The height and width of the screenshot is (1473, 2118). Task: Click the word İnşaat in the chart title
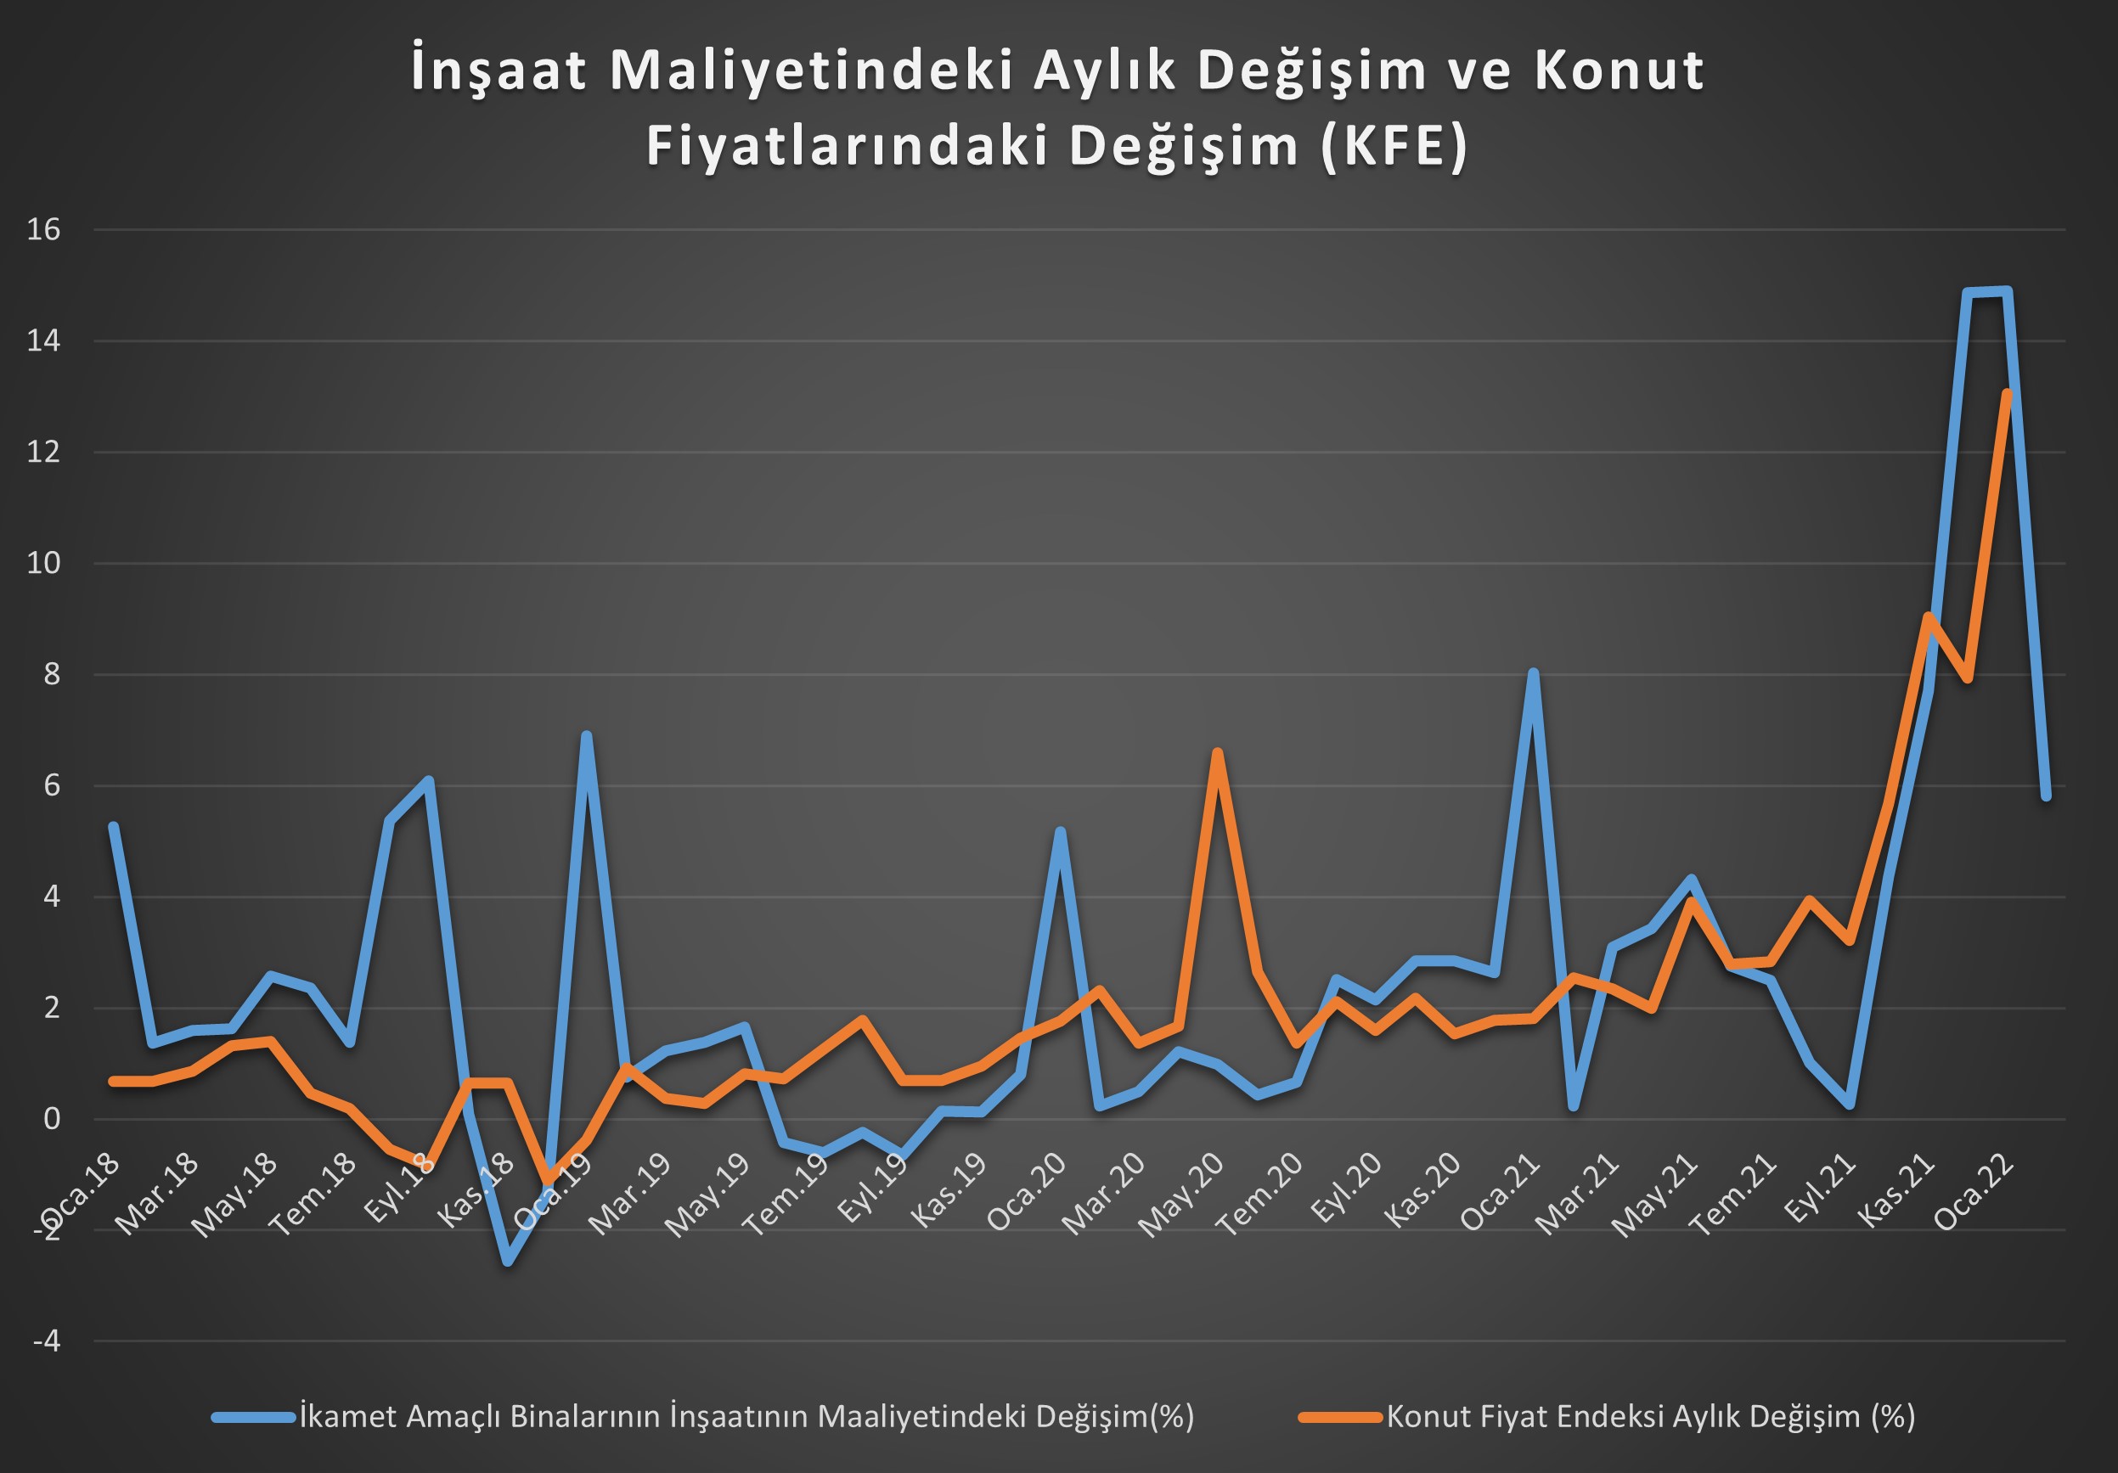499,72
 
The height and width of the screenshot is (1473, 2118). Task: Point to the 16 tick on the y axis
43,230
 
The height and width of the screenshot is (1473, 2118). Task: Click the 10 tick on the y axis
43,564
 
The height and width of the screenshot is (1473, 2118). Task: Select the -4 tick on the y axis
46,1341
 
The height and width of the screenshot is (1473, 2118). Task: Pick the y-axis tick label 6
52,786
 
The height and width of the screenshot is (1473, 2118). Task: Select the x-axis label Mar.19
631,1195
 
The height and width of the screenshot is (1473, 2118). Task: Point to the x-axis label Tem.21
1734,1195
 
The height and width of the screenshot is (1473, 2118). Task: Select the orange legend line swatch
1339,1418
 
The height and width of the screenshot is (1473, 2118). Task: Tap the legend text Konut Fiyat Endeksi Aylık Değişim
1651,1417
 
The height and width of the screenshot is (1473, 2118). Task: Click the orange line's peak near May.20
1218,754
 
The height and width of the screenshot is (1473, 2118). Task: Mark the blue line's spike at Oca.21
1533,673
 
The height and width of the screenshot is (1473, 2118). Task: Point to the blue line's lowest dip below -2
507,1262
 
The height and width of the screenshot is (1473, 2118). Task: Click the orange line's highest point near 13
2008,394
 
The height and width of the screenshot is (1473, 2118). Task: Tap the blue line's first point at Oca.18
114,826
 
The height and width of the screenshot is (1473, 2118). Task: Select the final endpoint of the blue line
2046,796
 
